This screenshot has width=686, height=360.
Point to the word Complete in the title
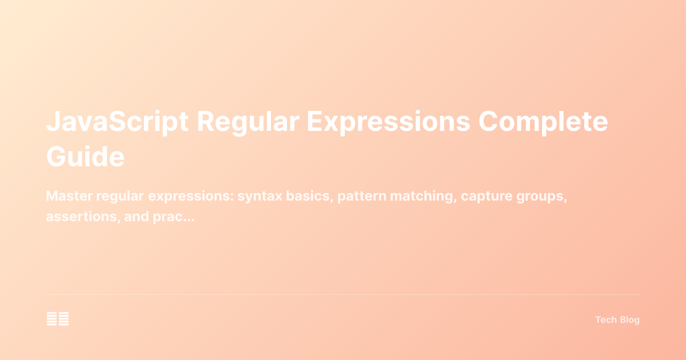coord(543,123)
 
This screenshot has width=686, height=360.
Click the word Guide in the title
coord(85,157)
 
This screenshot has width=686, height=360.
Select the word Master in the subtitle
coord(69,196)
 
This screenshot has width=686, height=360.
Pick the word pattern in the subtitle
coord(361,196)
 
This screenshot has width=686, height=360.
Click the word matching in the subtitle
coord(422,196)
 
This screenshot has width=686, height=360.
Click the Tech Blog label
coord(617,320)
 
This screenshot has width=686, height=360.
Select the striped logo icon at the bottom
coord(58,319)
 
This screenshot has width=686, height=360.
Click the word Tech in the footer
coord(606,320)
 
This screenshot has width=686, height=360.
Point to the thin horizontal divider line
coord(343,294)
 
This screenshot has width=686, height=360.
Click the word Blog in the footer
coord(629,320)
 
